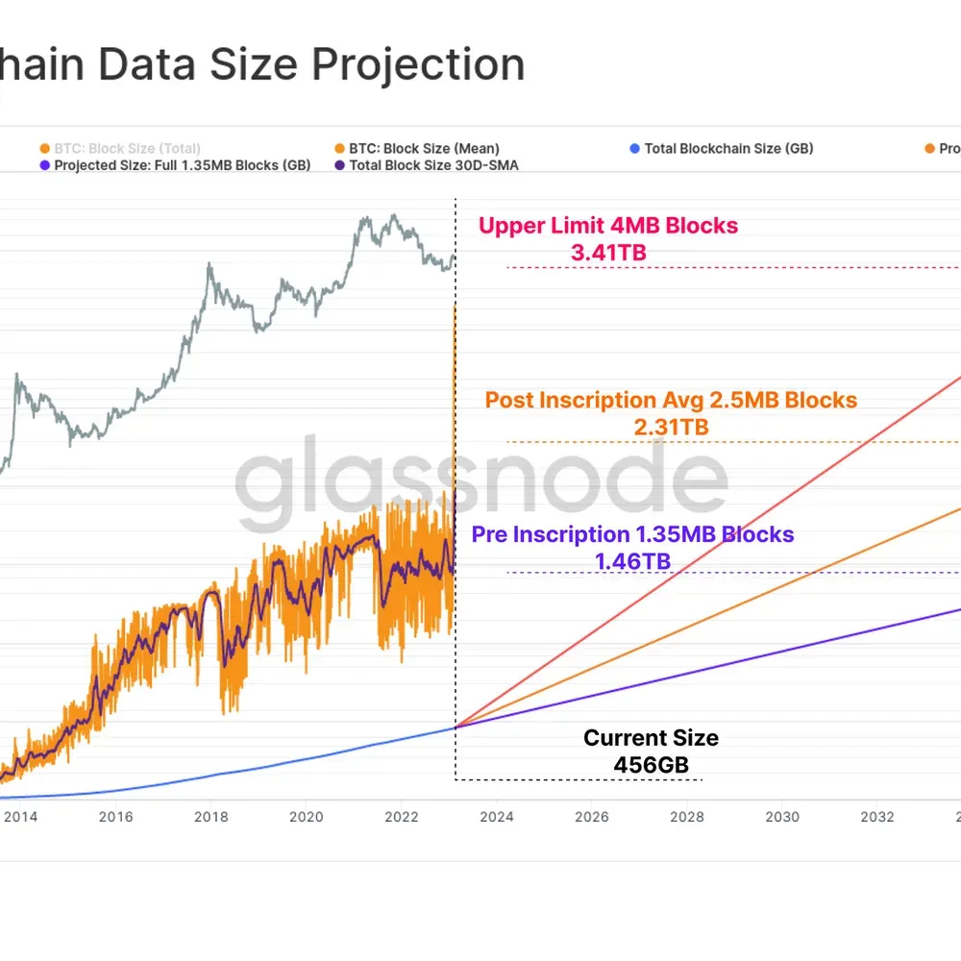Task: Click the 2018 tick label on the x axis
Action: (x=210, y=817)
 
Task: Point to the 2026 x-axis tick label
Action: (x=591, y=817)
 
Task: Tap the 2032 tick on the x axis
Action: (x=876, y=817)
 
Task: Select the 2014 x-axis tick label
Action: (x=20, y=817)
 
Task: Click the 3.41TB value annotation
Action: (x=608, y=253)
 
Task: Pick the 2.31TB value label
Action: (x=671, y=427)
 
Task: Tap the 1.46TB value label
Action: (x=632, y=561)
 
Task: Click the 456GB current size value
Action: (x=652, y=765)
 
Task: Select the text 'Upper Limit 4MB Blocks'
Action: (x=608, y=226)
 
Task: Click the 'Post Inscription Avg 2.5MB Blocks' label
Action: (x=671, y=400)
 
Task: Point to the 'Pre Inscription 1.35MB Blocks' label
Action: (x=632, y=534)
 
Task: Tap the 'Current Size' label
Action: (x=651, y=738)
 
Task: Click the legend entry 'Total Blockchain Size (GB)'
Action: (x=727, y=149)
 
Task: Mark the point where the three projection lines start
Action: (x=455, y=727)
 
